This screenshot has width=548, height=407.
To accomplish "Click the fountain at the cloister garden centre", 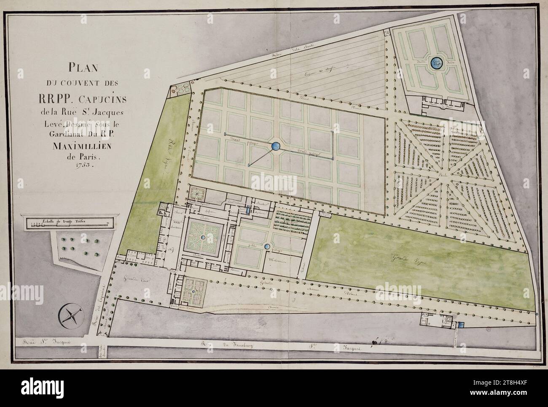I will (x=203, y=238).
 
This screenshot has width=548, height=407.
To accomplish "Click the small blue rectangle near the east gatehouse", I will (x=461, y=325).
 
